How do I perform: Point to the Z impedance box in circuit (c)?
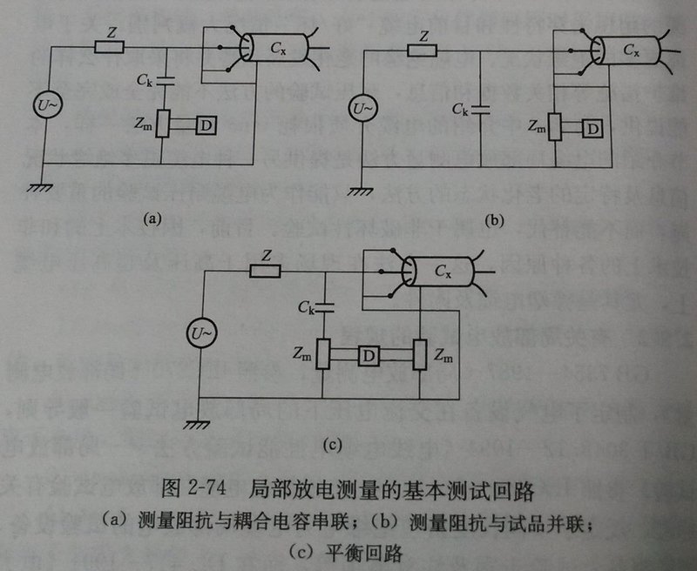pyautogui.click(x=266, y=272)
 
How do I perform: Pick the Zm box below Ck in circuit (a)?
pyautogui.click(x=163, y=125)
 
